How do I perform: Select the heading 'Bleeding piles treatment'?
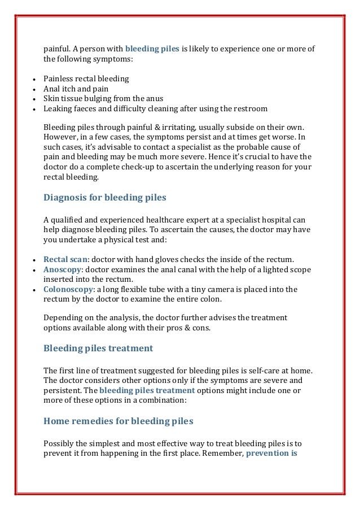coord(98,348)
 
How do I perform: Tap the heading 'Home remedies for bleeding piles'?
coord(118,421)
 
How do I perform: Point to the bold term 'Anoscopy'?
coord(63,269)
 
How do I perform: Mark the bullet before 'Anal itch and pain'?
coord(35,89)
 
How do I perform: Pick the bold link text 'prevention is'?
coord(272,452)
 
